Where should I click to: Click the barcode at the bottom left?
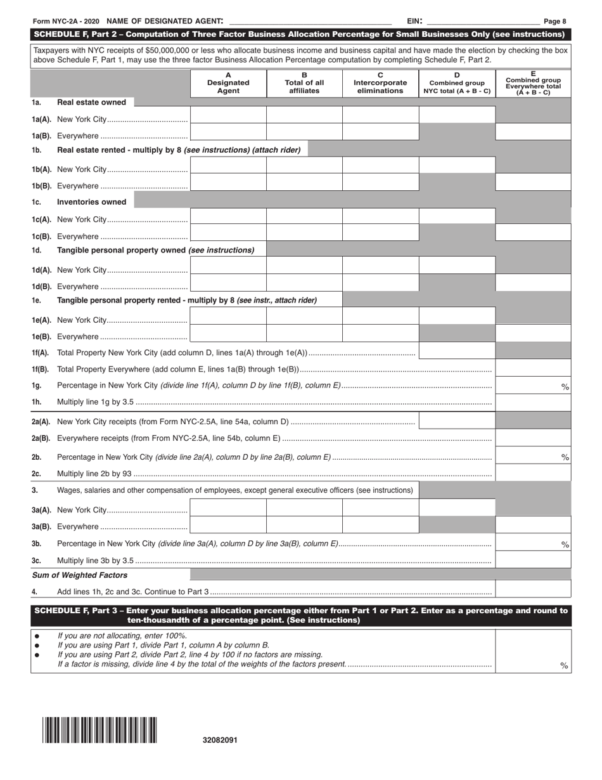pyautogui.click(x=100, y=729)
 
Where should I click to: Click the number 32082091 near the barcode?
pyautogui.click(x=221, y=740)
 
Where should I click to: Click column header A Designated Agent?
pyautogui.click(x=228, y=82)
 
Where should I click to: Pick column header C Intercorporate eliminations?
pyautogui.click(x=380, y=82)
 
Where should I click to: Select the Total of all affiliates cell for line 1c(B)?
pyautogui.click(x=304, y=232)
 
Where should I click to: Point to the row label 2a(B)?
pyautogui.click(x=41, y=439)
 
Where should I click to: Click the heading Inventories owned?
pyautogui.click(x=91, y=202)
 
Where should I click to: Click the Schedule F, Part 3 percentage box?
pyautogui.click(x=533, y=651)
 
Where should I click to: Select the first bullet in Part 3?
pyautogui.click(x=37, y=635)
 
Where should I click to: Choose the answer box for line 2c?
pyautogui.click(x=533, y=472)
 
